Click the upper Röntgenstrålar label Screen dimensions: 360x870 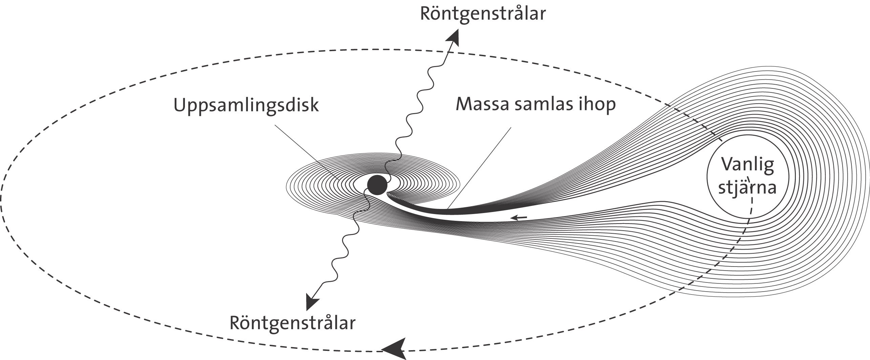point(483,14)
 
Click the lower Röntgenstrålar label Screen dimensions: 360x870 point(293,323)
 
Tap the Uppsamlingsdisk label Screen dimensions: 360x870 point(246,105)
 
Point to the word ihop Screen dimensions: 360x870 point(596,105)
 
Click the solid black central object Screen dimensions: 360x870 point(377,185)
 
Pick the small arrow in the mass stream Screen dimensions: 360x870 point(518,217)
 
